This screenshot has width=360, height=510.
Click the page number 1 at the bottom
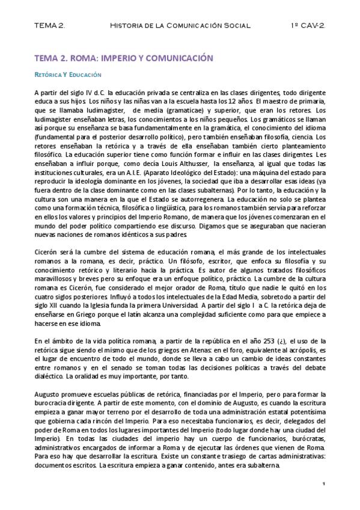click(323, 484)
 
